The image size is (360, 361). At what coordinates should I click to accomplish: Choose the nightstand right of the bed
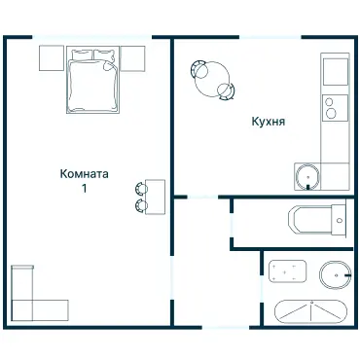click(x=132, y=58)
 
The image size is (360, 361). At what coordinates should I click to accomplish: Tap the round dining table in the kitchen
click(x=212, y=81)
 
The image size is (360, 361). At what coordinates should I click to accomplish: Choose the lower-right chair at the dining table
click(x=226, y=92)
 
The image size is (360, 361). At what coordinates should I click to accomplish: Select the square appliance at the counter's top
click(x=335, y=72)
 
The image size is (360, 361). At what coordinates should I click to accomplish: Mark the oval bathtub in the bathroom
click(x=309, y=312)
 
